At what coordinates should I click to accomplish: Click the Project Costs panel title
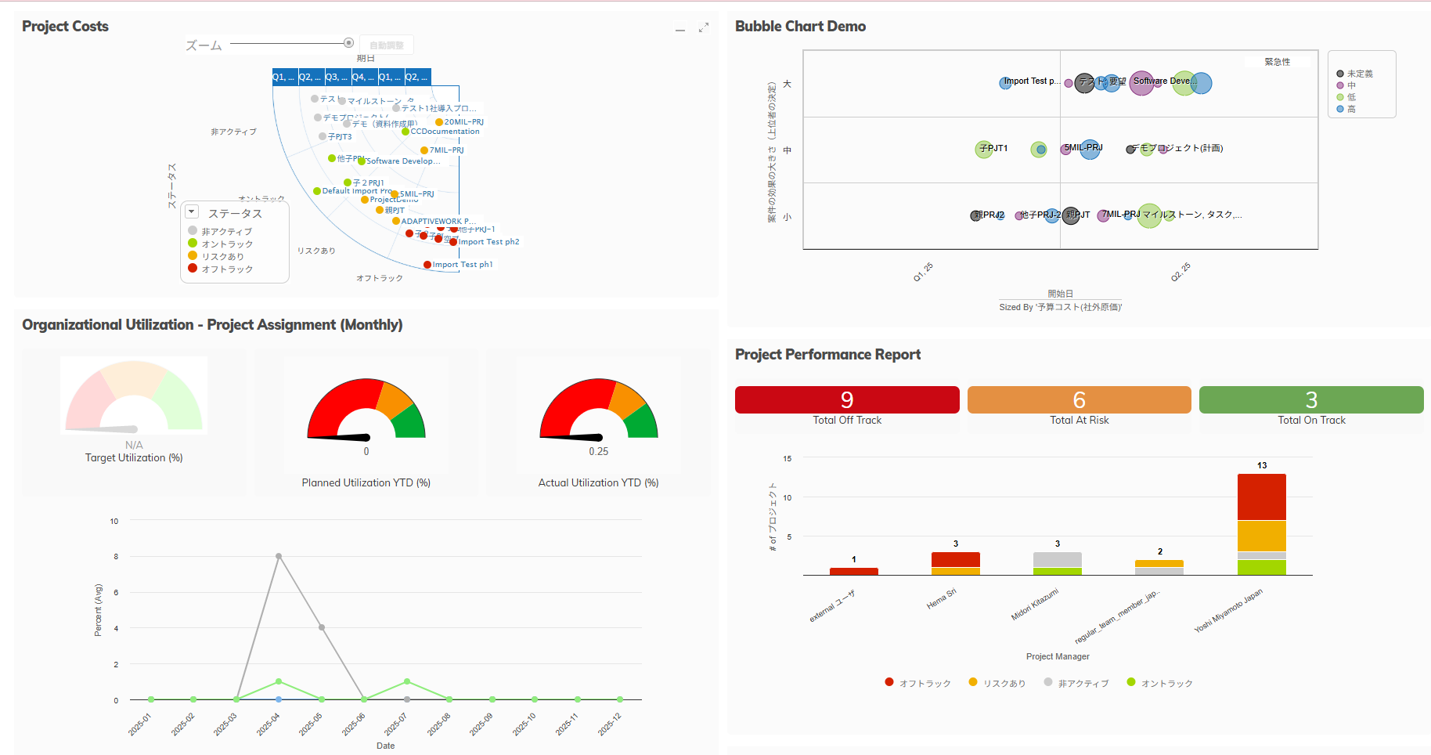65,27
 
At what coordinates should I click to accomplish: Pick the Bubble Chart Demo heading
800,27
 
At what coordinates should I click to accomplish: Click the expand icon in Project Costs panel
704,27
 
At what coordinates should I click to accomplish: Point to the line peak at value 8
279,556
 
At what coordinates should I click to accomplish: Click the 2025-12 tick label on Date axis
609,724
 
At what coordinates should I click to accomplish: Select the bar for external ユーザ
853,571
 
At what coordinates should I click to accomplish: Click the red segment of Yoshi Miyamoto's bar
1261,497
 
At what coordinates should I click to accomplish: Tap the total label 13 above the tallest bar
1262,465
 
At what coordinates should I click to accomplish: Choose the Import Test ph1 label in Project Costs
462,265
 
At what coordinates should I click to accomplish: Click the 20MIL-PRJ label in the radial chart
463,122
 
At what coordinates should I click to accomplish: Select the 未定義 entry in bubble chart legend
1359,74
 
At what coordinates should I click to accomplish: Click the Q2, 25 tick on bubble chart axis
1180,272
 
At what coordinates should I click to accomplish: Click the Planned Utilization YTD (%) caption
366,482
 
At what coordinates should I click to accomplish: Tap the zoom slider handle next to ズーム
348,43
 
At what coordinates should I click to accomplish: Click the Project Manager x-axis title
1058,656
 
